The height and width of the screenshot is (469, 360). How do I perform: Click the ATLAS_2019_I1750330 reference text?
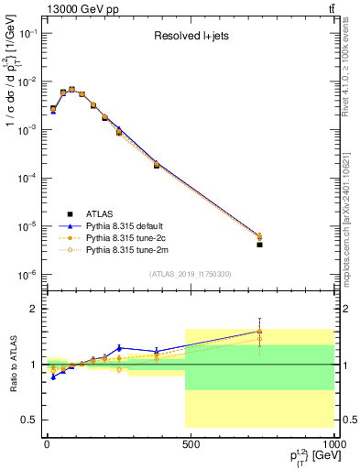tap(190, 274)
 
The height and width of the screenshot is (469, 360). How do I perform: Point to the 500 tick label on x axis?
tap(191, 442)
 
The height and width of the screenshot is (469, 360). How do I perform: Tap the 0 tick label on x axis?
tap(47, 442)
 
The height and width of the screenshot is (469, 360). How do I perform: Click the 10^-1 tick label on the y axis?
tap(27, 33)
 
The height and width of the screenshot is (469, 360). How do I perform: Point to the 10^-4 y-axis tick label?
tap(27, 178)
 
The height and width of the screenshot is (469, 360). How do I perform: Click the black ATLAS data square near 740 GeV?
tap(259, 245)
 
